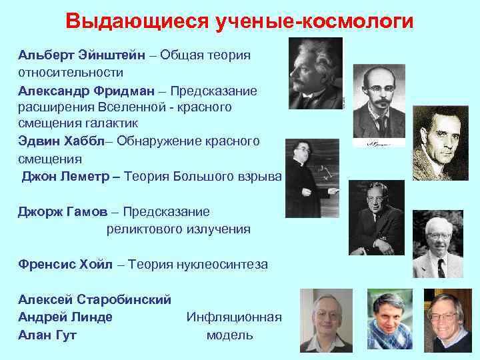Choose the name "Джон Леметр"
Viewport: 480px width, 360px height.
tap(66, 177)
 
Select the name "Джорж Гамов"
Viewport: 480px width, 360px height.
tap(61, 211)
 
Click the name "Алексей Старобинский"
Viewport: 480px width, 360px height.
tap(95, 299)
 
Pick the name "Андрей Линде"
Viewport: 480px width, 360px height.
tap(65, 317)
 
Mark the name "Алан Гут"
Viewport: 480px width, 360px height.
tap(47, 335)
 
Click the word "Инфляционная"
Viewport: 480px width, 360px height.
tap(234, 317)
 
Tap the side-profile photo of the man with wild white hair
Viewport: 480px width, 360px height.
tap(315, 73)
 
